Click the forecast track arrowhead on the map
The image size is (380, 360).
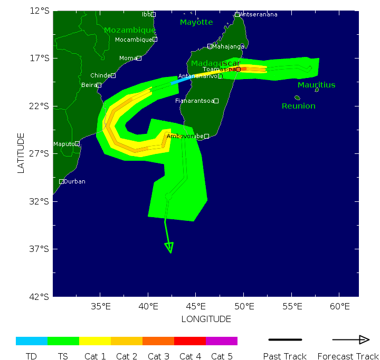169,247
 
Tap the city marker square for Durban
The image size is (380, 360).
61,181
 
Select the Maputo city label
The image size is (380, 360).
63,144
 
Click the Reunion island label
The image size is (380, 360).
298,106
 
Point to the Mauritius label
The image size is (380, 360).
316,85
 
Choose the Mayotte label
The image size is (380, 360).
196,22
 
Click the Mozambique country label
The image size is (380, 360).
130,30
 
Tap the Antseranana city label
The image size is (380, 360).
259,14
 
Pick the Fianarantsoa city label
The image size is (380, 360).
194,101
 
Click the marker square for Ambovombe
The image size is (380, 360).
207,137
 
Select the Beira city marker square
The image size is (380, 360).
99,85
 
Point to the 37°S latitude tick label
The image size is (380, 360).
41,249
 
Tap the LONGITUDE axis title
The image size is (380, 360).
206,319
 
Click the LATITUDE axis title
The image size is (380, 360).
21,153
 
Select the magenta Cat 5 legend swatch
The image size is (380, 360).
222,341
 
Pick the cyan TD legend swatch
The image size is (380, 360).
32,341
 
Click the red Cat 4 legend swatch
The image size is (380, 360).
190,341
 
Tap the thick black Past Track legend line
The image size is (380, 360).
285,340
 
